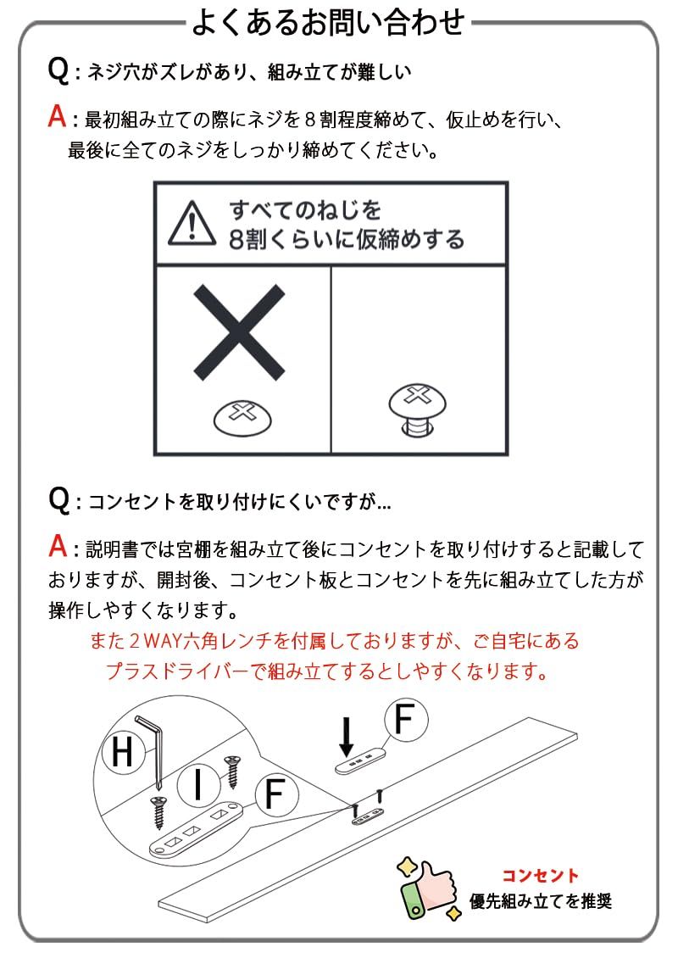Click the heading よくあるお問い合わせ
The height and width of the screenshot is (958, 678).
328,22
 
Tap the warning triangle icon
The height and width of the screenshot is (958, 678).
192,222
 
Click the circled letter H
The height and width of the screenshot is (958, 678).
123,753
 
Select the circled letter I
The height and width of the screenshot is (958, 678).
197,786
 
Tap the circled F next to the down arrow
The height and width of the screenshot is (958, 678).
406,720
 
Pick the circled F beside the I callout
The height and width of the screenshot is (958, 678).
274,794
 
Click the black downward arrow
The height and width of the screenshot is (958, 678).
346,735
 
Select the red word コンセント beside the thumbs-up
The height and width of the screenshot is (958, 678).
540,876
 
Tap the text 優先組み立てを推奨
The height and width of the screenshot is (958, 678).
541,901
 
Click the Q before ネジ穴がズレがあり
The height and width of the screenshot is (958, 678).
58,70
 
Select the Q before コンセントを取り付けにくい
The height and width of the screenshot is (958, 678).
58,500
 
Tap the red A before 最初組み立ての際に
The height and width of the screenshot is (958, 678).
57,117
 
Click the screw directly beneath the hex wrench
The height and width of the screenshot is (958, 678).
158,810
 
